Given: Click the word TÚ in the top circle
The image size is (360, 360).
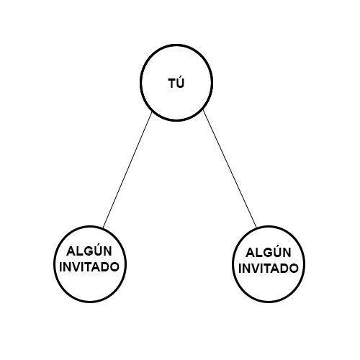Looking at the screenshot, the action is pyautogui.click(x=176, y=82).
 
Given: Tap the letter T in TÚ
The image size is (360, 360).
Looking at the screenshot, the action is pyautogui.click(x=172, y=84).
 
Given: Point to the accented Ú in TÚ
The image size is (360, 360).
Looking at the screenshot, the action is pyautogui.click(x=181, y=82).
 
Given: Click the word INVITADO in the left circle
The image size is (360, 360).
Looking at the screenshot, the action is pyautogui.click(x=89, y=267).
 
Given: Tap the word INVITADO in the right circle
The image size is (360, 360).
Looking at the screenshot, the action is pyautogui.click(x=269, y=269).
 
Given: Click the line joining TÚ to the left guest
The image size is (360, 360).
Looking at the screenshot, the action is pyautogui.click(x=127, y=170).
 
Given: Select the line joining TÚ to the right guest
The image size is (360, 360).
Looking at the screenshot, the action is pyautogui.click(x=230, y=168).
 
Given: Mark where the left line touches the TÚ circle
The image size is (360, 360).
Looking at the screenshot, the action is pyautogui.click(x=152, y=112).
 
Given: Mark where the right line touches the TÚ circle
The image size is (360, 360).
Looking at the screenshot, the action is pyautogui.click(x=203, y=110).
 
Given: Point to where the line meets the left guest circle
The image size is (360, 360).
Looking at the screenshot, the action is pyautogui.click(x=103, y=228).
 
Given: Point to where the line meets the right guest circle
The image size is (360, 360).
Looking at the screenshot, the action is pyautogui.click(x=256, y=227).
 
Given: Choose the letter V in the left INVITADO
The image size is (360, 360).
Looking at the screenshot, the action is pyautogui.click(x=77, y=267).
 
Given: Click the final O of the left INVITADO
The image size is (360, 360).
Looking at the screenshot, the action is pyautogui.click(x=114, y=267).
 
